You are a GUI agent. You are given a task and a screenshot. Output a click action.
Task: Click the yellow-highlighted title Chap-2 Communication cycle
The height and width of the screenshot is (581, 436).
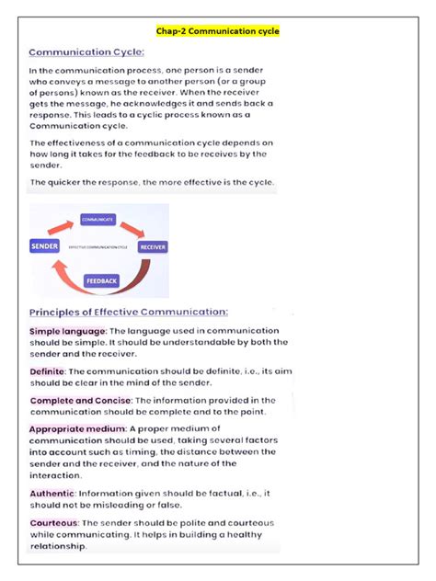pos(218,31)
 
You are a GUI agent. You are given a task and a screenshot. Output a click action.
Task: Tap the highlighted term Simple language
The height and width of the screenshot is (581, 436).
pos(69,330)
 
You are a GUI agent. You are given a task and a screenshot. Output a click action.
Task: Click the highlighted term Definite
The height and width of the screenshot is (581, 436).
pos(47,371)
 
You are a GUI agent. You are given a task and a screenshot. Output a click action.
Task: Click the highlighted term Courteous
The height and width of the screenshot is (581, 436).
pos(54,522)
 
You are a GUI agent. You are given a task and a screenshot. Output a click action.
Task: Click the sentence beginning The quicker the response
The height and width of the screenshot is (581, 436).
pos(152,183)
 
